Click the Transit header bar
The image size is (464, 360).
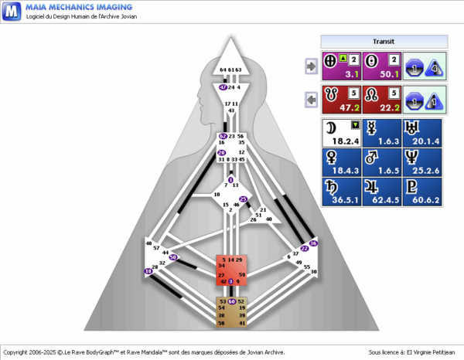[x=380, y=41]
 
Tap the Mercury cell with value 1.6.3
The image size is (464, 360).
[x=382, y=133]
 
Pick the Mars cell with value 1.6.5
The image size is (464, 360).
[x=382, y=162]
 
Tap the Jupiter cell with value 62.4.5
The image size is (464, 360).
[x=382, y=192]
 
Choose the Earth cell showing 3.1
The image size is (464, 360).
[x=342, y=67]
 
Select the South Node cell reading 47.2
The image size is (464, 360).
[x=342, y=100]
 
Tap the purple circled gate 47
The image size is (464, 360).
[x=223, y=88]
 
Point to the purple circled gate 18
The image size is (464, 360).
[x=148, y=271]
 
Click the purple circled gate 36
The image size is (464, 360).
[x=313, y=243]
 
